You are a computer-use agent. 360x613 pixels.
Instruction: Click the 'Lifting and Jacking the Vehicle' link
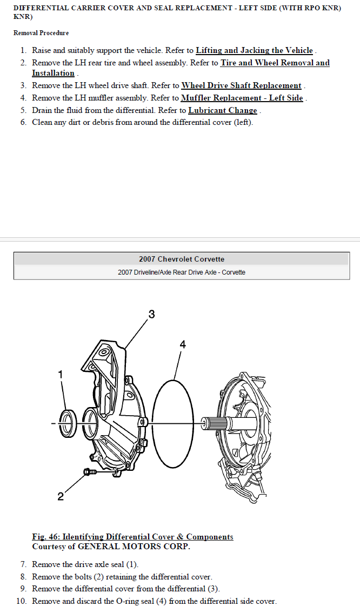[x=255, y=50]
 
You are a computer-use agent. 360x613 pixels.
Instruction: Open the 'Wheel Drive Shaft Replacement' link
[x=241, y=85]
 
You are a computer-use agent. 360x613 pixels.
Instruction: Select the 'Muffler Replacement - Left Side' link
[x=242, y=98]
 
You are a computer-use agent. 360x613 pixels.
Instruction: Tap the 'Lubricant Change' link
[x=223, y=110]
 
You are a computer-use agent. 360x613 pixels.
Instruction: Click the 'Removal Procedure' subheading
[x=41, y=33]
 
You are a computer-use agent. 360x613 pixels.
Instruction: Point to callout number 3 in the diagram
[x=152, y=314]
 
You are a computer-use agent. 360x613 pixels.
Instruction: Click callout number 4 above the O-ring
[x=183, y=344]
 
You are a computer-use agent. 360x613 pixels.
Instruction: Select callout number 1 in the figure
[x=60, y=375]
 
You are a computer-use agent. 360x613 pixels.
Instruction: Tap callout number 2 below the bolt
[x=60, y=496]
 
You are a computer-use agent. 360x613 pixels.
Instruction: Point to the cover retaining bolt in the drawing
[x=90, y=472]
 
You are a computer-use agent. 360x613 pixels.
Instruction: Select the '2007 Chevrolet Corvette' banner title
[x=182, y=259]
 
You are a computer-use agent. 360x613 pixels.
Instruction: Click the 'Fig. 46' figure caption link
[x=132, y=537]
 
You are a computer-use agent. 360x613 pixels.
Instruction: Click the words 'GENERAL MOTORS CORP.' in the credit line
[x=134, y=547]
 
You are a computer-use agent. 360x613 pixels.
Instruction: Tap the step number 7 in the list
[x=23, y=564]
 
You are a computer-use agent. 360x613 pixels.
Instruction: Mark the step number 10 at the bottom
[x=21, y=601]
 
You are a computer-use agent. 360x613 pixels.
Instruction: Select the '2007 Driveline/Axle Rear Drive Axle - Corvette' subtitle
[x=182, y=272]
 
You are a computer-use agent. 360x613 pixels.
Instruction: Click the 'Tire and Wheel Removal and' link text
[x=275, y=63]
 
